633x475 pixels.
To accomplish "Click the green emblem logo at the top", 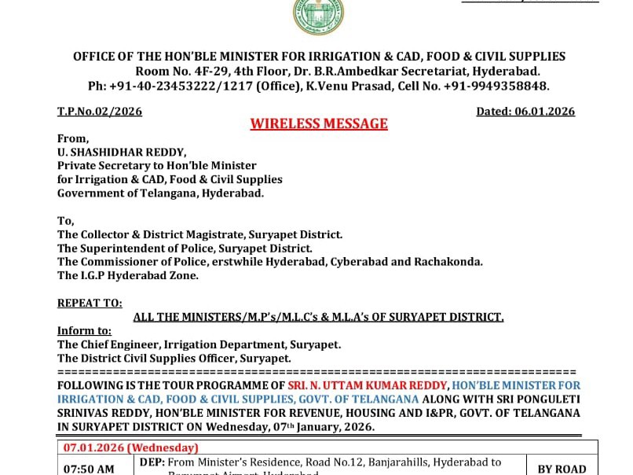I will coord(318,16).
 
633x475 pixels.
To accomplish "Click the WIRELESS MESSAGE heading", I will coord(319,124).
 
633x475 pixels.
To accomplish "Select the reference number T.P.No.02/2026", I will coord(100,112).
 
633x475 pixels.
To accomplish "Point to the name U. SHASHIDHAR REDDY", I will coord(119,152).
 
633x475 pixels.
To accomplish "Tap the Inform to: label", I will coord(84,331).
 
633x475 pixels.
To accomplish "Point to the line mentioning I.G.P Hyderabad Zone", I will coord(128,275).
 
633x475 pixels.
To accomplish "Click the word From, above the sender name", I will coord(73,138).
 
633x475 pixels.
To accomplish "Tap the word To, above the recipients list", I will coord(66,221).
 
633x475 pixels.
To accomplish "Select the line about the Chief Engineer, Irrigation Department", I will coord(199,344).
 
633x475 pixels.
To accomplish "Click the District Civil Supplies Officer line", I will coord(174,358).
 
